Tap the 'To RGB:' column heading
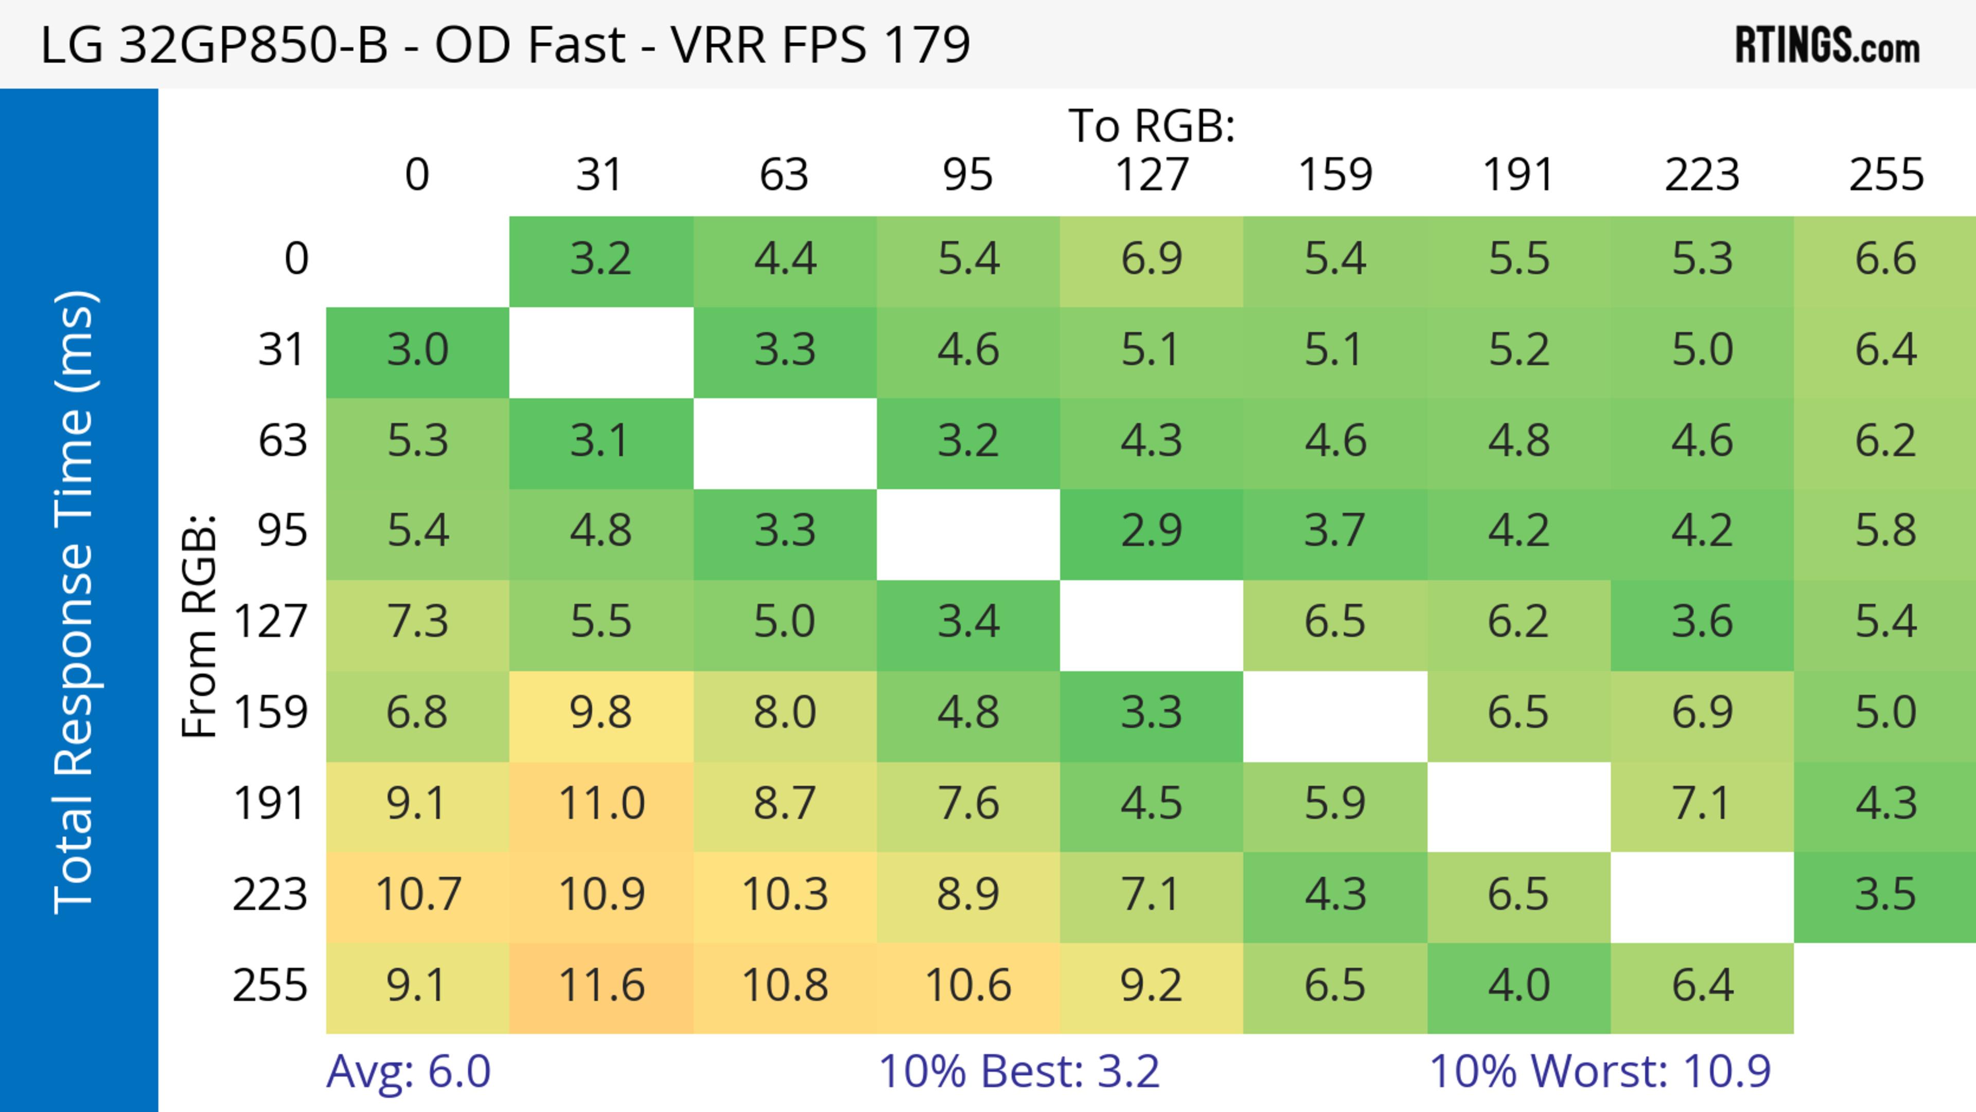click(1152, 126)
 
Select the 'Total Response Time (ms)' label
click(75, 602)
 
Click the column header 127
click(1152, 175)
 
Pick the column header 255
click(1885, 175)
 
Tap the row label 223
click(270, 894)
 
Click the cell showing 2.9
click(1152, 531)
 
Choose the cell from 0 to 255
click(1885, 258)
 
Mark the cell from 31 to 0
click(417, 350)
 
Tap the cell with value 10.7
click(417, 894)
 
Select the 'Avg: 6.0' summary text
click(408, 1071)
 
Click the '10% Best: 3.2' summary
click(1019, 1071)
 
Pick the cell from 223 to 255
click(1885, 894)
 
